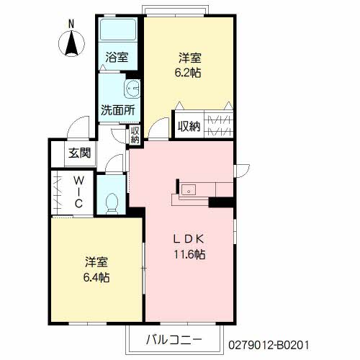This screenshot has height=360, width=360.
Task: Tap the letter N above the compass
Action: [x=71, y=24]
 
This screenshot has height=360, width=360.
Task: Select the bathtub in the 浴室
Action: [x=118, y=30]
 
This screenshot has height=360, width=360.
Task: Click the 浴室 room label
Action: [x=117, y=58]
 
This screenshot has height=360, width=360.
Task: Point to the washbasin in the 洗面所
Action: [x=132, y=89]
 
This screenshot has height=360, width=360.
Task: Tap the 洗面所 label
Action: [x=118, y=110]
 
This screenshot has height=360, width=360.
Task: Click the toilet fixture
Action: [x=112, y=204]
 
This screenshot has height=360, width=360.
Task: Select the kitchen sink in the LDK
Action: [x=189, y=191]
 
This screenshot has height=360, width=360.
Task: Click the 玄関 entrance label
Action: [x=80, y=153]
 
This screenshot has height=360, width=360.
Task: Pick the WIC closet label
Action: [x=78, y=192]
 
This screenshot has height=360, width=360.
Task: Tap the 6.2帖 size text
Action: [x=188, y=73]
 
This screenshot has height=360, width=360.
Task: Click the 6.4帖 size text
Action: [x=96, y=277]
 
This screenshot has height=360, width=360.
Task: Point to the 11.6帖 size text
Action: [x=189, y=254]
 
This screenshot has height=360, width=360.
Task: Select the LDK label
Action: [x=189, y=239]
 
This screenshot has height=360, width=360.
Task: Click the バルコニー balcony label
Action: [x=174, y=340]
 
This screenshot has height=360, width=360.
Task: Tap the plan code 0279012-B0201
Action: [x=269, y=346]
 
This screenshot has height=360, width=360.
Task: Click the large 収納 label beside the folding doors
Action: [x=189, y=126]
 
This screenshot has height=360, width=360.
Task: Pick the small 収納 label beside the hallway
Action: [x=135, y=135]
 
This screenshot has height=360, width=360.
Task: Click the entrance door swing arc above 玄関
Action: [x=78, y=127]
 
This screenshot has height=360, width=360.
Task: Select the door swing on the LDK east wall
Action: [x=243, y=171]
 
